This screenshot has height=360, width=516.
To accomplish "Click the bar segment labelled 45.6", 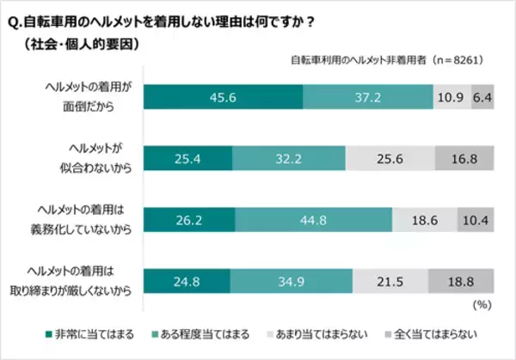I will coord(223,96).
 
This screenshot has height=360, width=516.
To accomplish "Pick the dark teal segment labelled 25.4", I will coord(187,158).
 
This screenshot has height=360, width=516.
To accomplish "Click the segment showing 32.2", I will coord(289,158).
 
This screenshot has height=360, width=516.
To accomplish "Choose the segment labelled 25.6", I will coord(390,158).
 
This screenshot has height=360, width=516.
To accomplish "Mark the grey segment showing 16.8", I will coord(465,158).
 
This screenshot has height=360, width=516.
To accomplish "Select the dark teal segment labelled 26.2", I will coord(188,220).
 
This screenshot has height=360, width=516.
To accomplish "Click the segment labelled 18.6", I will coord(425,220).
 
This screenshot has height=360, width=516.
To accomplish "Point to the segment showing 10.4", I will coord(476,220).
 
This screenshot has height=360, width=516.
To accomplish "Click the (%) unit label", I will coord(484,304).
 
